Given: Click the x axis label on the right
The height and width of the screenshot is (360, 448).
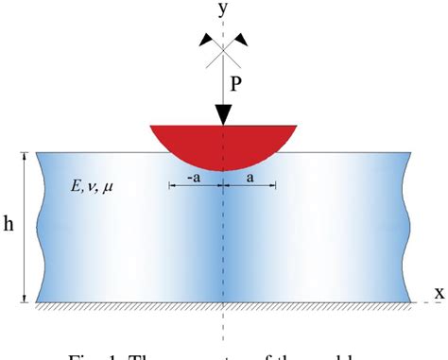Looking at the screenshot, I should pyautogui.click(x=439, y=292).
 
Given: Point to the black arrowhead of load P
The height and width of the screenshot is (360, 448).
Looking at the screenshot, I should pyautogui.click(x=224, y=114).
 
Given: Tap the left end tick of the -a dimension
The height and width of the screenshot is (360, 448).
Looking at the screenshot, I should pyautogui.click(x=170, y=186).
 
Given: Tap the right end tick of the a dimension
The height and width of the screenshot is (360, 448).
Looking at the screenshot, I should pyautogui.click(x=276, y=186).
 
